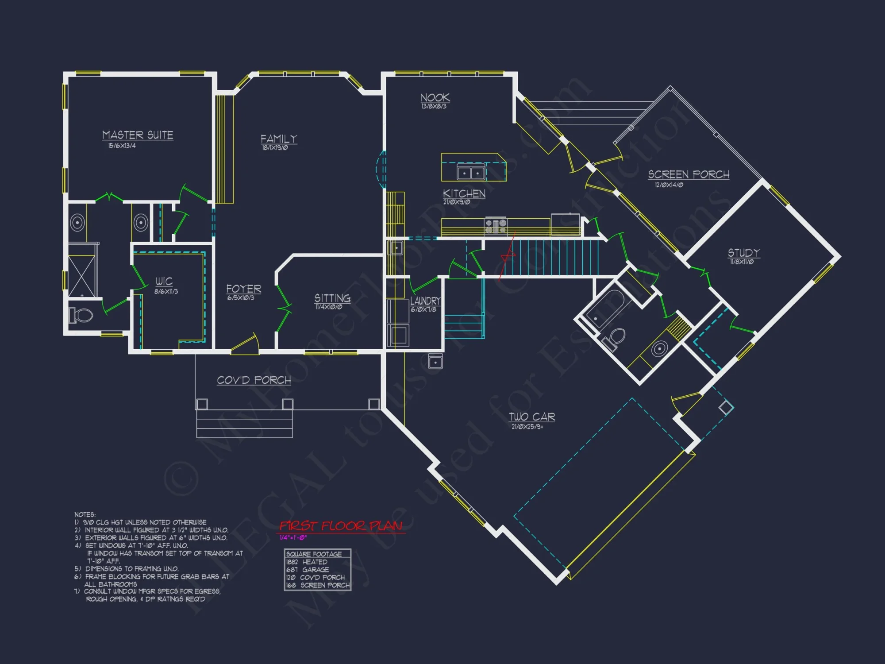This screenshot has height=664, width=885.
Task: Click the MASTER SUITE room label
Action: (x=138, y=135)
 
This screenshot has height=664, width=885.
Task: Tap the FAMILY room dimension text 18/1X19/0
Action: (x=275, y=148)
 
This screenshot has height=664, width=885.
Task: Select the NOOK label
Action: (x=435, y=98)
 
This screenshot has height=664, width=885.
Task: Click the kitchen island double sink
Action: (x=471, y=173)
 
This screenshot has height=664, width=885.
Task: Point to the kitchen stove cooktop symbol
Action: (x=496, y=225)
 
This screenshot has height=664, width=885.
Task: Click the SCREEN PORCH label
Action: (x=689, y=175)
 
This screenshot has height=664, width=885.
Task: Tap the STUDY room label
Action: (x=744, y=253)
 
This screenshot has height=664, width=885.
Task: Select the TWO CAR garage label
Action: (x=532, y=417)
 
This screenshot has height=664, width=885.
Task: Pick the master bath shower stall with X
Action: (x=82, y=276)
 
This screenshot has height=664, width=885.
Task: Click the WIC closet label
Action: (x=164, y=282)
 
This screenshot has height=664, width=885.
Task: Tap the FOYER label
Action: (x=243, y=289)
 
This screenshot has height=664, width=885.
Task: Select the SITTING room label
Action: (x=332, y=298)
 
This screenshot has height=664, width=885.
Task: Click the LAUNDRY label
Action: (x=425, y=301)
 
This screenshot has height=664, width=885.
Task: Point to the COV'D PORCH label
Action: (x=254, y=380)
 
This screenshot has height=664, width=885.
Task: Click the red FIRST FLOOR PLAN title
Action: (x=341, y=526)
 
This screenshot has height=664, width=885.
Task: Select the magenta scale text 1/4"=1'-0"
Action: (x=293, y=538)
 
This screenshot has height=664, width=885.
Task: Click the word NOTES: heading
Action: (x=85, y=514)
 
